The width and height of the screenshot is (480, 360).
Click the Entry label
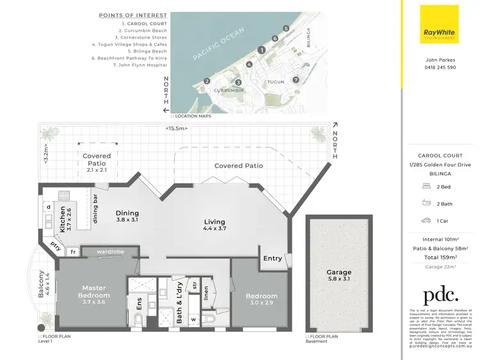coord(272,259)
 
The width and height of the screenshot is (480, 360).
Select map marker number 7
coord(296,79)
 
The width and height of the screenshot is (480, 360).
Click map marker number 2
coord(207,81)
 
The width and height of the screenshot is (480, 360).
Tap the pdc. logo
coord(440,295)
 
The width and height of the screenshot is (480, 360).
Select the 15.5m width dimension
coord(176,128)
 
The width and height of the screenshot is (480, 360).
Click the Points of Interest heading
coord(134,15)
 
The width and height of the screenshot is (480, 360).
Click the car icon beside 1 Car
coord(426,220)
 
